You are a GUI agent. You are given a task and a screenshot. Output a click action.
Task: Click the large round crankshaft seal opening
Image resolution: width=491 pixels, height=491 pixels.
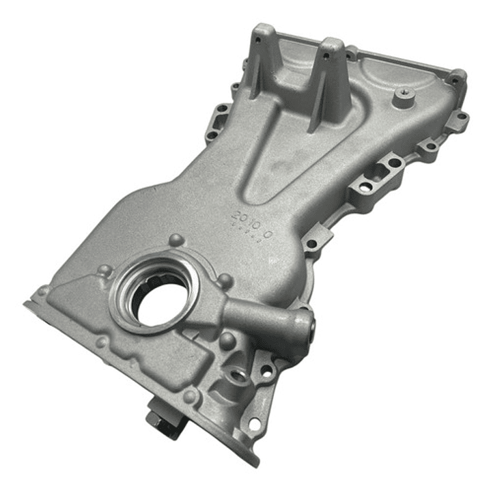click(152, 296)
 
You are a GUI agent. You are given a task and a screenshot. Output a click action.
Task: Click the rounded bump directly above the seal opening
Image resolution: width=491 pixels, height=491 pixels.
click(176, 240)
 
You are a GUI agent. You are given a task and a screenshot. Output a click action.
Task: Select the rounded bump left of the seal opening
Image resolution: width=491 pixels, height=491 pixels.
click(104, 271)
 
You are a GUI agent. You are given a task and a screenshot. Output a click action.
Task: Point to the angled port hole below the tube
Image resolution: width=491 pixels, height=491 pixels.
click(239, 375)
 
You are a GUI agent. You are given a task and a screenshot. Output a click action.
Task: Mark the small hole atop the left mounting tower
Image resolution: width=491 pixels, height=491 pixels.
click(258, 40)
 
